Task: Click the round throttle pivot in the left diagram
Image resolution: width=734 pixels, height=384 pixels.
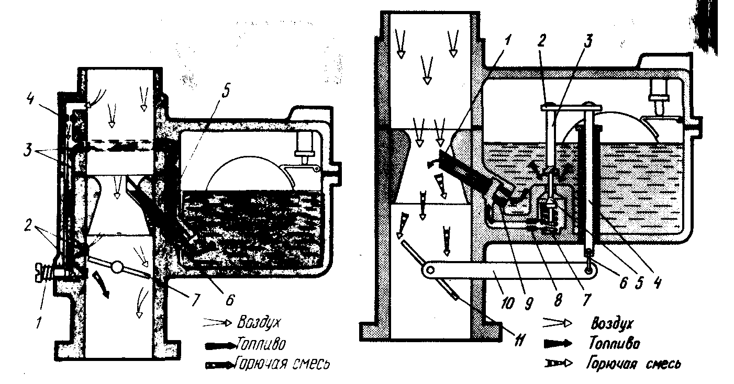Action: coord(117,267)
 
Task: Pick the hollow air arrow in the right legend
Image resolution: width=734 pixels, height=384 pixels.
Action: coord(560,322)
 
